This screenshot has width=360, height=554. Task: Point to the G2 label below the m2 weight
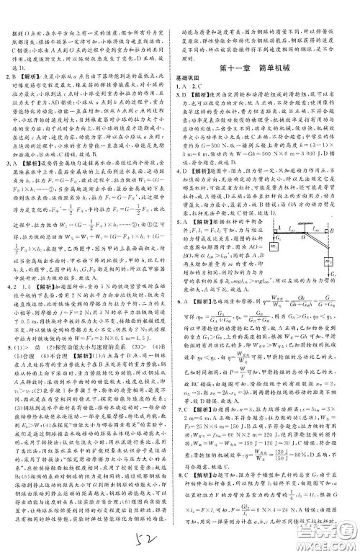point(335,274)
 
